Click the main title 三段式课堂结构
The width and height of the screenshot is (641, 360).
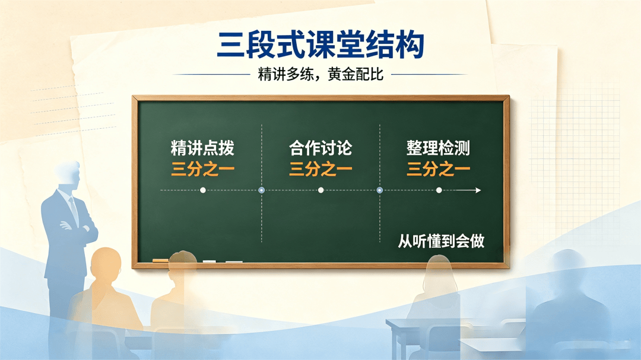(x=320, y=44)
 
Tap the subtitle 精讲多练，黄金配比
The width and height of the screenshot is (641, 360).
(x=320, y=74)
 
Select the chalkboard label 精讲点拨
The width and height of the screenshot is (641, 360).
(x=203, y=148)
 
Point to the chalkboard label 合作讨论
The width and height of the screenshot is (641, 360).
(x=320, y=148)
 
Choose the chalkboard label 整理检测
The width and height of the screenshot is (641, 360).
(x=438, y=148)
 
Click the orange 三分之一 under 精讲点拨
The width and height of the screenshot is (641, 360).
(x=203, y=169)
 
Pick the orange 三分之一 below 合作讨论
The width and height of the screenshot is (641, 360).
(x=320, y=169)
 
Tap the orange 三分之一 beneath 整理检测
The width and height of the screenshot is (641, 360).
(x=438, y=169)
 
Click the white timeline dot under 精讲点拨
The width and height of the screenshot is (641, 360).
(x=203, y=190)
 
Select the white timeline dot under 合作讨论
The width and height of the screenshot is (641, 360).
(x=321, y=190)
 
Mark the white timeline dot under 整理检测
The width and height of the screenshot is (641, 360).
(x=439, y=190)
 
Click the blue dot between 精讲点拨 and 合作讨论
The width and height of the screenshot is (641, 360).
(x=262, y=190)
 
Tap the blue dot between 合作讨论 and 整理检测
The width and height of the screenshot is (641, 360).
(x=380, y=190)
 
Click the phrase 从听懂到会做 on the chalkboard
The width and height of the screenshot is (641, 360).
(x=441, y=241)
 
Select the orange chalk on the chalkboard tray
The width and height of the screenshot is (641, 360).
(x=160, y=260)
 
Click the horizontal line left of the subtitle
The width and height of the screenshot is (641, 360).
(x=211, y=75)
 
